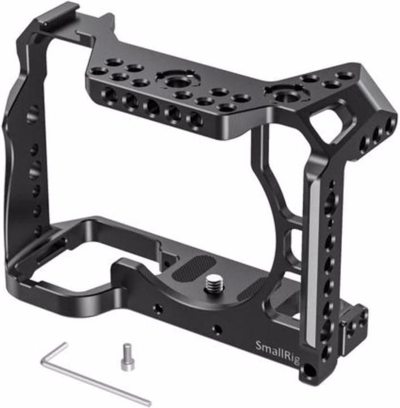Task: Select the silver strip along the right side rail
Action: (x=308, y=266)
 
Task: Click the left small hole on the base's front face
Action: (x=158, y=309)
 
